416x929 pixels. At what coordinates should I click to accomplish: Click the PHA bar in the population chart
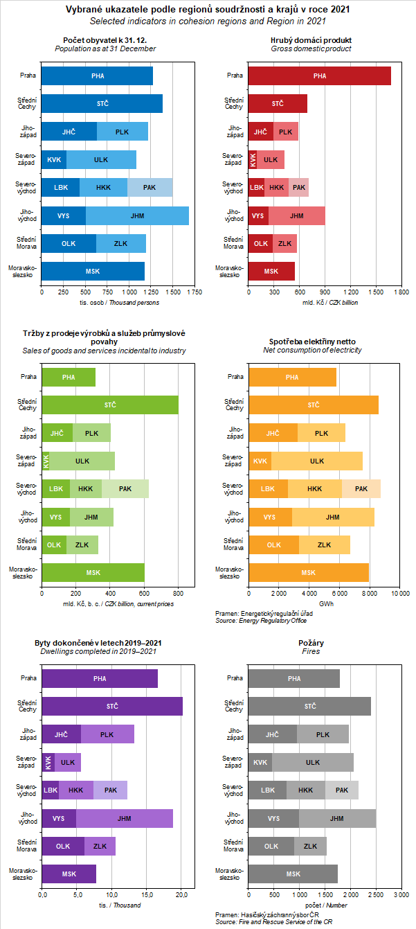97,76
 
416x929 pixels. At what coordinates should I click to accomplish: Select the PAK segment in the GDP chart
299,187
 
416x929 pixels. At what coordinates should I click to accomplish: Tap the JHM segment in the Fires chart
337,818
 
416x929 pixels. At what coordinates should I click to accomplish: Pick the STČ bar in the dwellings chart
112,706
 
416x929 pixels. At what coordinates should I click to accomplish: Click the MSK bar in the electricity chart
309,572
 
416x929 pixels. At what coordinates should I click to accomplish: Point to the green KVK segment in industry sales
46,461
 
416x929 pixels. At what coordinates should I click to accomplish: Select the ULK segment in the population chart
101,159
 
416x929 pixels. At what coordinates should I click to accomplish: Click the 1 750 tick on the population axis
195,292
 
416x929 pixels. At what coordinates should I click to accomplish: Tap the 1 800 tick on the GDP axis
401,292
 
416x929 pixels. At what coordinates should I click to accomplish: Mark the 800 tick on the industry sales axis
178,594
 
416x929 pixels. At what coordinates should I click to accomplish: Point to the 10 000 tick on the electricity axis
400,594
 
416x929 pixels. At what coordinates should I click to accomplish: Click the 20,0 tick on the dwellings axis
181,896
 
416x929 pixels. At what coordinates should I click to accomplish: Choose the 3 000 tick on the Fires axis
401,896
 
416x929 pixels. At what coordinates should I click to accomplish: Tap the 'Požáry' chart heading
311,643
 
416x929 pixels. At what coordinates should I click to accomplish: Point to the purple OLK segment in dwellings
63,846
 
